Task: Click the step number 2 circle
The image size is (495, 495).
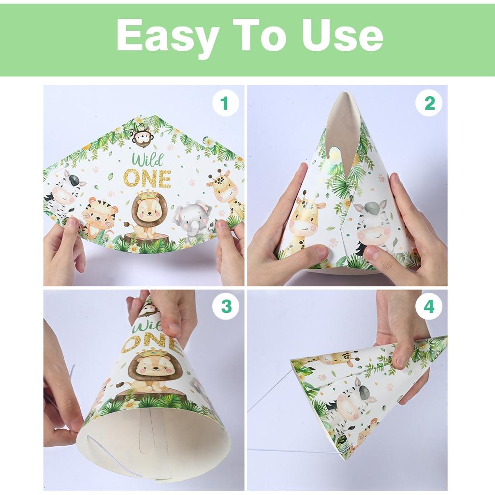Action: point(429,103)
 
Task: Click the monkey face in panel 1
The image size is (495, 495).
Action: point(142,138)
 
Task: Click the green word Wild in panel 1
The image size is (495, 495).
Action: point(147,160)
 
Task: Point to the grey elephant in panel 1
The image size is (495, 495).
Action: point(193,220)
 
